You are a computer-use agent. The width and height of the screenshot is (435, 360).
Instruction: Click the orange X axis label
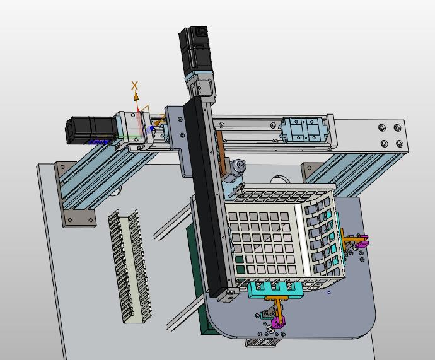(134, 85)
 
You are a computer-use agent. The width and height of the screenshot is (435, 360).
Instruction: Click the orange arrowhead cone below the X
(136, 97)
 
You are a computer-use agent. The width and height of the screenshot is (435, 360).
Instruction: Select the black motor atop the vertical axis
(195, 50)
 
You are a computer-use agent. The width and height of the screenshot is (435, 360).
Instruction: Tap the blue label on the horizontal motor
(98, 142)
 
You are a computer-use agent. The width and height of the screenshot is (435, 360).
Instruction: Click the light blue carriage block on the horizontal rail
(303, 129)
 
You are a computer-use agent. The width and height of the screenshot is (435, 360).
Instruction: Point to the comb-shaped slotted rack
(130, 266)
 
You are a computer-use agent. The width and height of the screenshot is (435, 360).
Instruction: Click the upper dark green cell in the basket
(238, 260)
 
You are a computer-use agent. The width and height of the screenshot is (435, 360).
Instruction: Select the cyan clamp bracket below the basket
(275, 290)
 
